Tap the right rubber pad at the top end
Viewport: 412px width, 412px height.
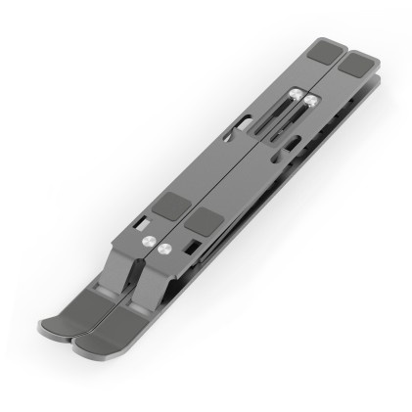click(359, 63)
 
